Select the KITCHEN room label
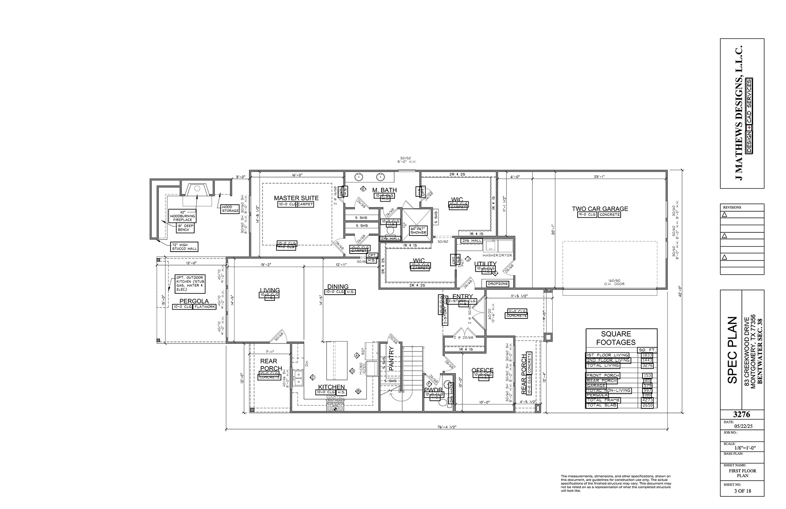pos(331,387)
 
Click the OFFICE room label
pos(482,370)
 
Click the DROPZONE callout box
pos(497,284)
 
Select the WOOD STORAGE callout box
pos(230,209)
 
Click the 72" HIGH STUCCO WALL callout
pos(184,247)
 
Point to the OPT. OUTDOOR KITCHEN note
pos(190,283)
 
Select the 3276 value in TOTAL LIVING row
pos(647,365)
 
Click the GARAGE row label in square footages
pos(596,385)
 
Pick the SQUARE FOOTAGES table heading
pos(616,338)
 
